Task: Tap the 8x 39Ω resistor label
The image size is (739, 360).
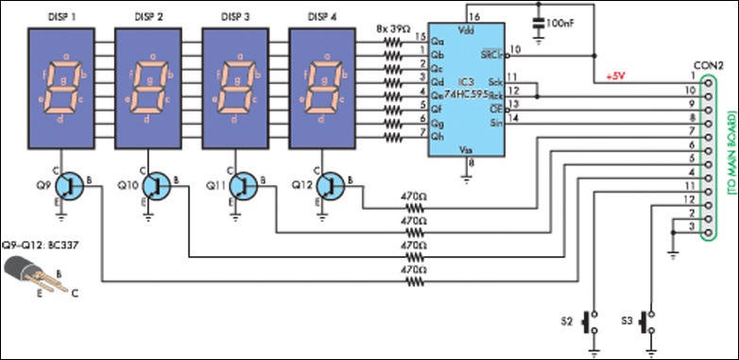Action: (394, 29)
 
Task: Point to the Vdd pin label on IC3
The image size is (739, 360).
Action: (466, 30)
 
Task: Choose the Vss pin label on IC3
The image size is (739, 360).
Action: (466, 148)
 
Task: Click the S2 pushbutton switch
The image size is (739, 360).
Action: (593, 323)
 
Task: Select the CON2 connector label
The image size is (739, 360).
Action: (710, 64)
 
